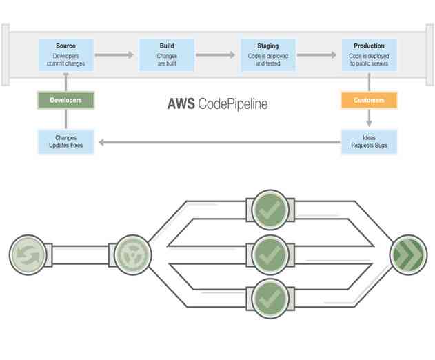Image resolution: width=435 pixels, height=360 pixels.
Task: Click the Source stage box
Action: pyautogui.click(x=65, y=54)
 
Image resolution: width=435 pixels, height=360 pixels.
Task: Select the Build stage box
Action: pyautogui.click(x=167, y=54)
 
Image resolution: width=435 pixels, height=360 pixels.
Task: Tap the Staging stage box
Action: pyautogui.click(x=268, y=54)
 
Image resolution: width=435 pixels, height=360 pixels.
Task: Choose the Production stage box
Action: pyautogui.click(x=369, y=54)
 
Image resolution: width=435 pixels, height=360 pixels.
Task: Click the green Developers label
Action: pyautogui.click(x=65, y=101)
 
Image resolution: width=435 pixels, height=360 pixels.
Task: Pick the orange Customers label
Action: pyautogui.click(x=369, y=101)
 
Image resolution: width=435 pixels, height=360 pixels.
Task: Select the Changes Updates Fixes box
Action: pyautogui.click(x=65, y=142)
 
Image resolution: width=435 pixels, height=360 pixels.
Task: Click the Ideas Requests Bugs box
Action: pyautogui.click(x=369, y=142)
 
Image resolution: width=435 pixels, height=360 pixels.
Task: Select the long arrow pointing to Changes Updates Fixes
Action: pyautogui.click(x=217, y=143)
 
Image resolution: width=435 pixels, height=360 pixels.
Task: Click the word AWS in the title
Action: pyautogui.click(x=181, y=104)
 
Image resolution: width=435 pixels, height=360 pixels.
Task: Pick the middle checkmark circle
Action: pyautogui.click(x=269, y=254)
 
